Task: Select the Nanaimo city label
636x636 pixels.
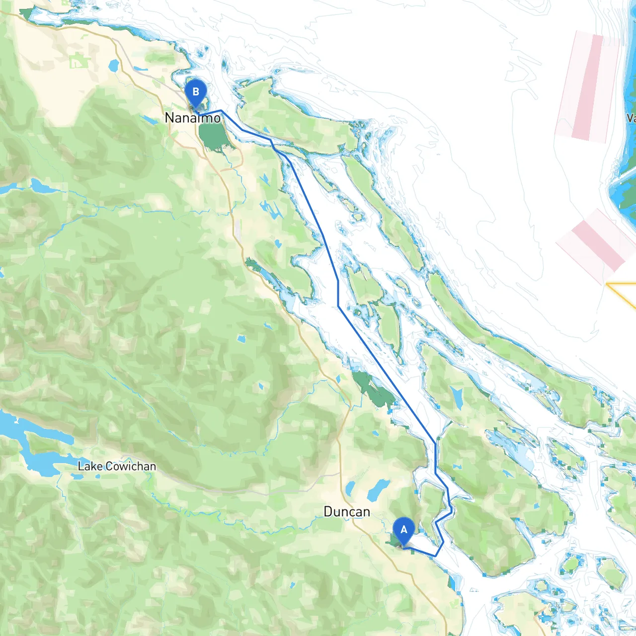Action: click(192, 118)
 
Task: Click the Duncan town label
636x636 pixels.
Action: click(346, 512)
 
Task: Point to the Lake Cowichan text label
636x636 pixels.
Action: click(117, 467)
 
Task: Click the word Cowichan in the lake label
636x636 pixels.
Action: click(131, 467)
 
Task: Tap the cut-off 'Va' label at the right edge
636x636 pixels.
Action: click(631, 118)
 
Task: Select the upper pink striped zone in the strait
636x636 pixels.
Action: click(587, 87)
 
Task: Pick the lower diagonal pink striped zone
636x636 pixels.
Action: click(596, 244)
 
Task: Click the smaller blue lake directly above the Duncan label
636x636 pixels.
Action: click(350, 488)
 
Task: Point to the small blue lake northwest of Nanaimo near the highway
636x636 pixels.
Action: click(114, 65)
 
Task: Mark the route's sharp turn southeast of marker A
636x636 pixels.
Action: click(436, 556)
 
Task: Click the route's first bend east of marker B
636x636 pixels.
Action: click(221, 111)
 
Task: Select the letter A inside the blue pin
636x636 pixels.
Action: click(403, 530)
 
